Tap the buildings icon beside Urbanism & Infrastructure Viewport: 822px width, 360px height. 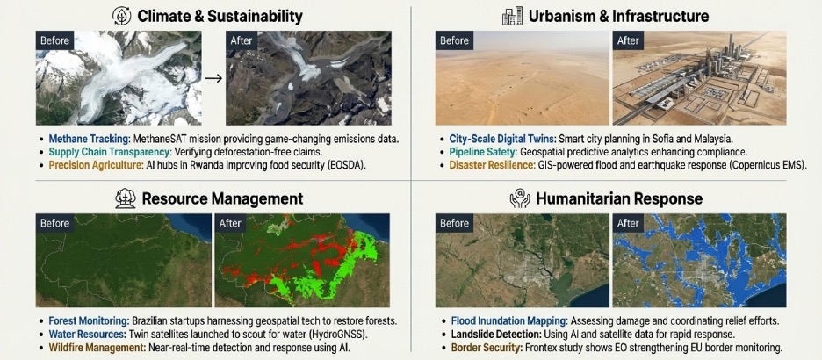[511, 16]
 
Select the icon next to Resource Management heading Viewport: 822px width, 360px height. [125, 198]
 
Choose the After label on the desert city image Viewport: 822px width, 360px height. [629, 40]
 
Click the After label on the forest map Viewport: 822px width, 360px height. [231, 223]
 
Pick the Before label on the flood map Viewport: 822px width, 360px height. [455, 223]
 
